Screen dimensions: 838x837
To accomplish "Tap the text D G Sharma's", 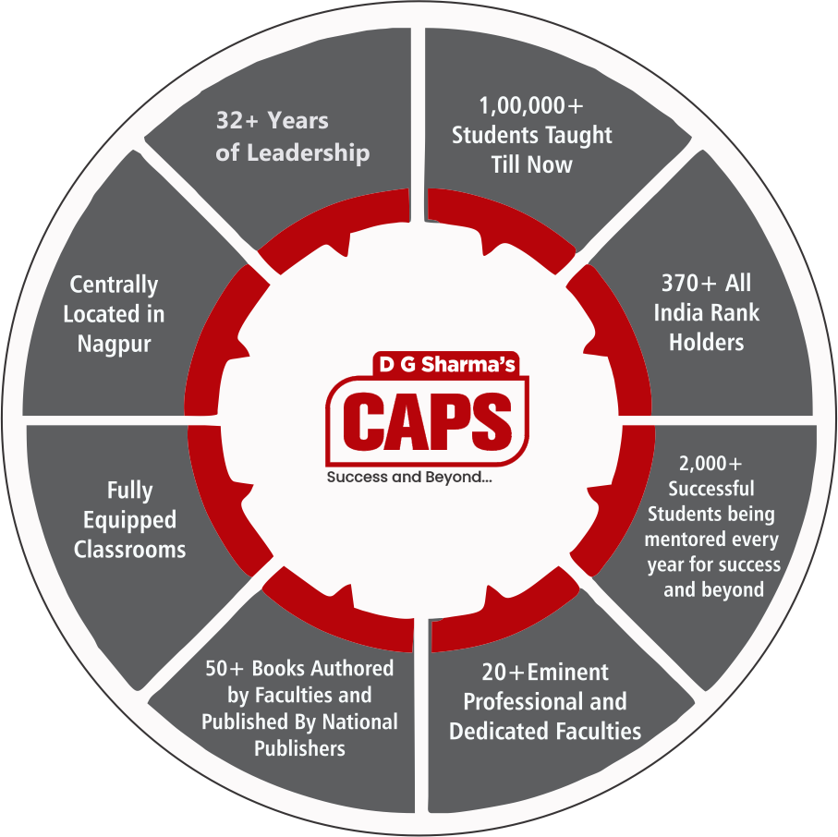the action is pos(446,364).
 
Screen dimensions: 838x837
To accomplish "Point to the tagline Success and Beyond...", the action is pos(408,478).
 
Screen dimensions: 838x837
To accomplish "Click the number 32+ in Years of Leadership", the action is pos(234,121).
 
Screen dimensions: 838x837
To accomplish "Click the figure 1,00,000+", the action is pos(531,104).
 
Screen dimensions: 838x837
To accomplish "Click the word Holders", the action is pos(706,342).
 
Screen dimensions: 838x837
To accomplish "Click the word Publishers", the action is pos(299,747).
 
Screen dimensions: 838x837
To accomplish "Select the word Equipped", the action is pos(129,520).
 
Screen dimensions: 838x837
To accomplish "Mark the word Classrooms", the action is pos(129,550).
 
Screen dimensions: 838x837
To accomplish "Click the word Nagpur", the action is pos(115,344).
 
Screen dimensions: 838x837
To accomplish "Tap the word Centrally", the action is pos(114,285).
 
